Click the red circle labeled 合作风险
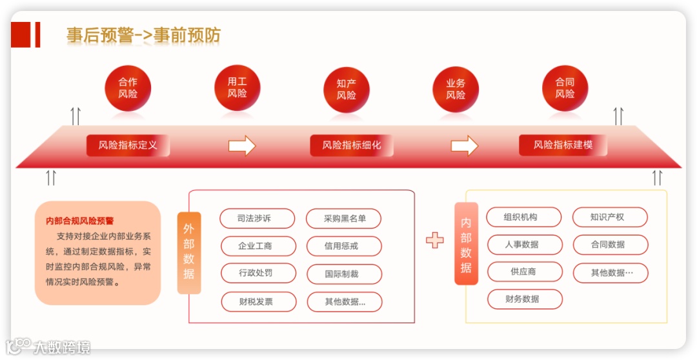click(128, 88)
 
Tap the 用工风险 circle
click(237, 88)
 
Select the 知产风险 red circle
click(346, 89)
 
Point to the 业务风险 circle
click(456, 89)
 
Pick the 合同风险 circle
click(565, 88)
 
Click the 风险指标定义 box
click(128, 145)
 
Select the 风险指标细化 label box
click(352, 145)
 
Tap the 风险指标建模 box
click(563, 145)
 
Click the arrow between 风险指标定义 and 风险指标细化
click(242, 145)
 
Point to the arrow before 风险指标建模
click(464, 145)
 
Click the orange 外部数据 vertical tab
click(188, 252)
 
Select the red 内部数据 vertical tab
click(466, 244)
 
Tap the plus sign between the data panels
click(435, 240)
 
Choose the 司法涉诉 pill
click(257, 219)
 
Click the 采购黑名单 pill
click(344, 219)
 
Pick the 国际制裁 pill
click(344, 274)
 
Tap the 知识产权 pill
click(609, 217)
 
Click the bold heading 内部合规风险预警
click(80, 221)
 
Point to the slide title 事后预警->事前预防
click(143, 35)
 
